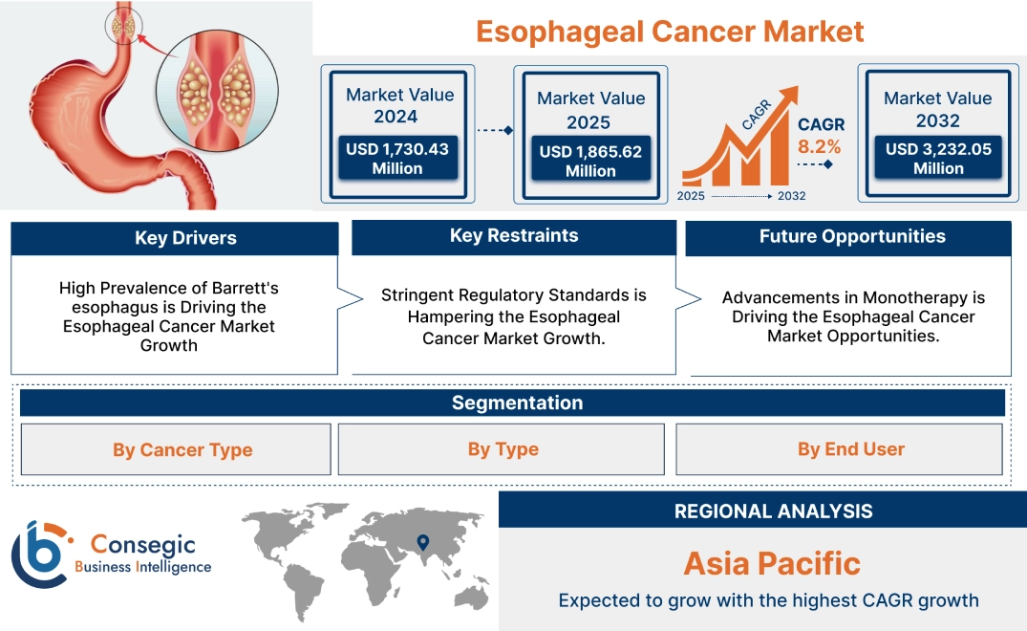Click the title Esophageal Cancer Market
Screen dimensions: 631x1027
tap(670, 31)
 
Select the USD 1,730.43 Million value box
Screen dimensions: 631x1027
tap(397, 158)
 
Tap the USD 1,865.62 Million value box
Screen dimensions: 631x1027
tap(590, 161)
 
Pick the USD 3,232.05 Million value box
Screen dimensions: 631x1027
tap(938, 158)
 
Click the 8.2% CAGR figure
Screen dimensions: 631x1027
tap(820, 146)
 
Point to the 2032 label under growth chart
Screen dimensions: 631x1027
tap(791, 196)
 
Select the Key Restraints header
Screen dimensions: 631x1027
tap(514, 236)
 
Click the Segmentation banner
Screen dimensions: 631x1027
tap(517, 403)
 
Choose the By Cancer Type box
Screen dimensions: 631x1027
tap(182, 449)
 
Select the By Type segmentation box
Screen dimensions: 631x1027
tap(503, 449)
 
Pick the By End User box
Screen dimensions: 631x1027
tap(850, 449)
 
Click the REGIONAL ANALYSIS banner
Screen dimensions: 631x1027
tap(773, 511)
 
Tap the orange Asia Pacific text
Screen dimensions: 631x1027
tap(772, 563)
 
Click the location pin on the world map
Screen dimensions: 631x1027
tap(421, 544)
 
